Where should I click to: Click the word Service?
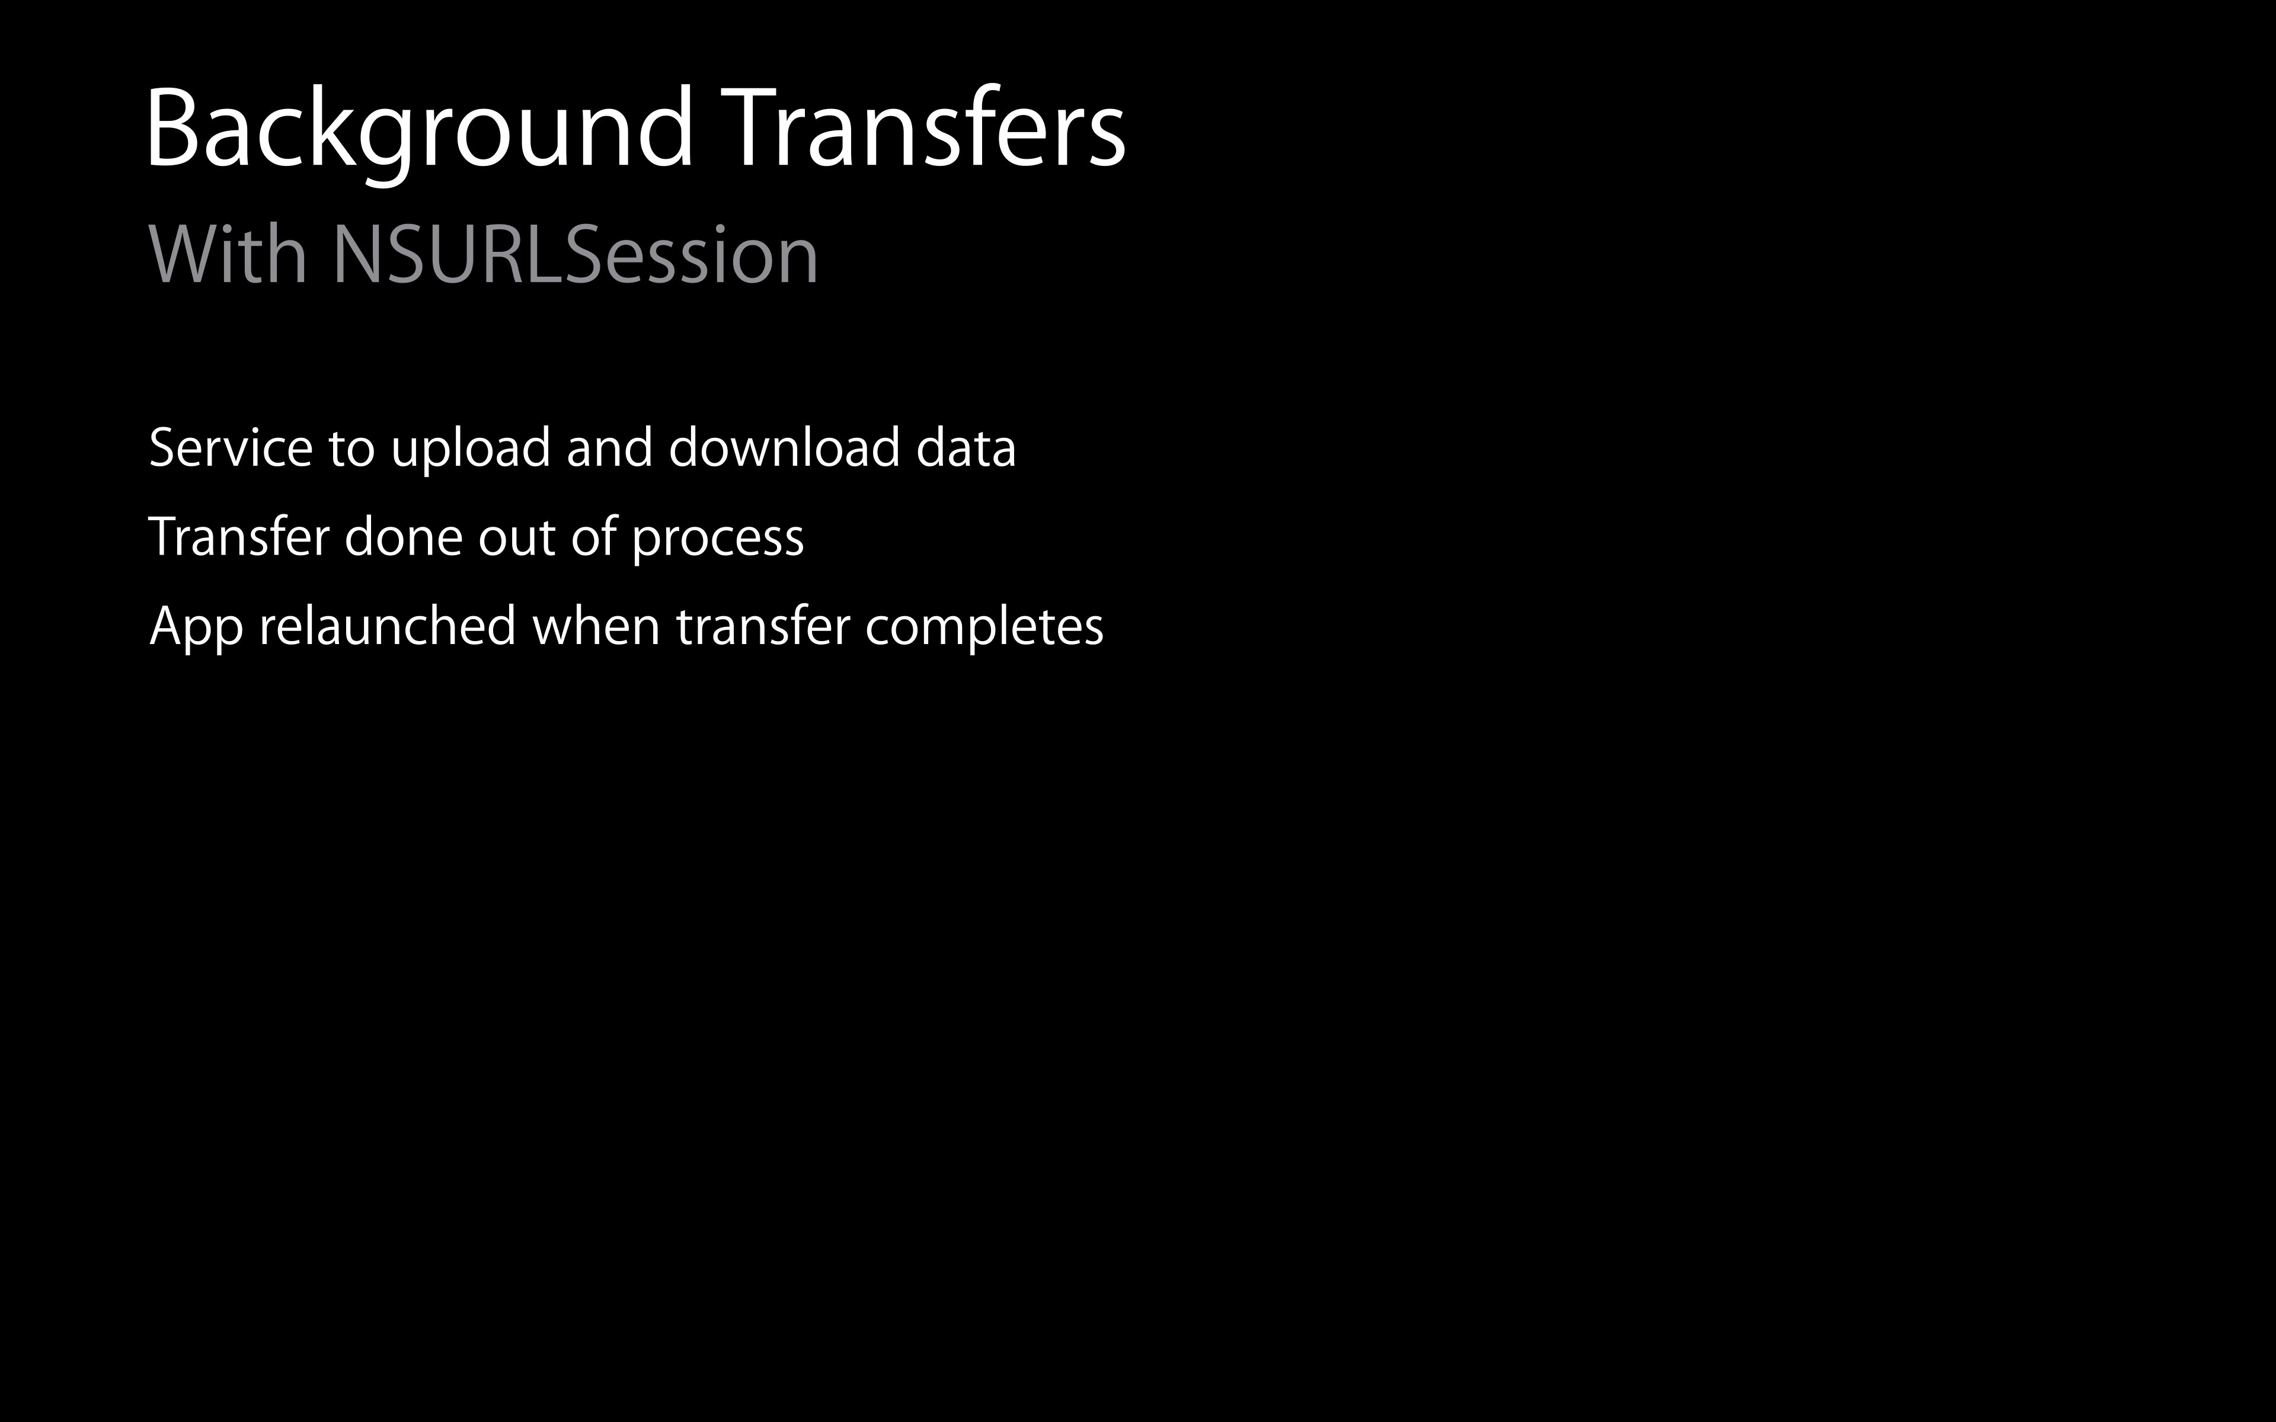point(231,448)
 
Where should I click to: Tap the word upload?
point(470,449)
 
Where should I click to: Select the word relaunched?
point(388,626)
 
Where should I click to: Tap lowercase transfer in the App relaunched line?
point(763,626)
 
